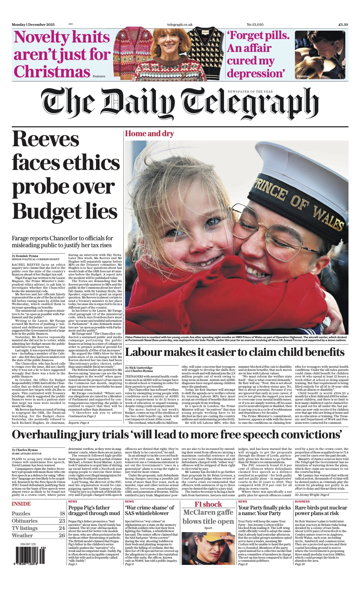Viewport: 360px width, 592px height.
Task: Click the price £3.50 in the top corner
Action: pyautogui.click(x=343, y=25)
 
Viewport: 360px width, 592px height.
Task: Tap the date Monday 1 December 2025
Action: pyautogui.click(x=33, y=25)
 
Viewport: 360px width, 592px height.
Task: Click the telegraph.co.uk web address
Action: pyautogui.click(x=180, y=25)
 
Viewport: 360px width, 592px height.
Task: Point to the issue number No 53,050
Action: pyautogui.click(x=255, y=25)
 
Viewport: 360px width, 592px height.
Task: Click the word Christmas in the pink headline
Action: pyautogui.click(x=52, y=72)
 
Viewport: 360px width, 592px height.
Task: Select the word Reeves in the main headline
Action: pyautogui.click(x=46, y=139)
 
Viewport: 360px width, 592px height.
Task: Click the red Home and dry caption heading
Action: pyautogui.click(x=149, y=134)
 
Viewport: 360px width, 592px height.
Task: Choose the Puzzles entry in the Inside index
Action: pyautogui.click(x=21, y=513)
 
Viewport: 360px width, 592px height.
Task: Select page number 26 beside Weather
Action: pyautogui.click(x=62, y=535)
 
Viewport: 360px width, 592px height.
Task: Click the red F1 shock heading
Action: pyautogui.click(x=208, y=504)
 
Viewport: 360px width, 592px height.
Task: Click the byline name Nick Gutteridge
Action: pyautogui.click(x=143, y=368)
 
